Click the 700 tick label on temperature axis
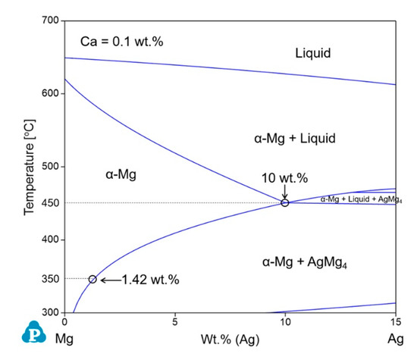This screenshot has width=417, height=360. pyautogui.click(x=50, y=21)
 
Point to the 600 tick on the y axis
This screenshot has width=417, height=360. pyautogui.click(x=50, y=94)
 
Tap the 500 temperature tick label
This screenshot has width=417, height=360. pyautogui.click(x=50, y=167)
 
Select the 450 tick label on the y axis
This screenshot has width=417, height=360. pyautogui.click(x=50, y=203)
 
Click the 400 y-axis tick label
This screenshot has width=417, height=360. pyautogui.click(x=50, y=239)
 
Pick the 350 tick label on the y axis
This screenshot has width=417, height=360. pyautogui.click(x=50, y=279)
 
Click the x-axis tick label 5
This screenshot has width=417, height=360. pyautogui.click(x=175, y=322)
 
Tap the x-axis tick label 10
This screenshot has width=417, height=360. pyautogui.click(x=285, y=322)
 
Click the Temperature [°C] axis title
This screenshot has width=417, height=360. pyautogui.click(x=30, y=167)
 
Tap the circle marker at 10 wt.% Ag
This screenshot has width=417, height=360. pyautogui.click(x=285, y=202)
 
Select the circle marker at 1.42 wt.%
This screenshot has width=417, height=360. pyautogui.click(x=92, y=279)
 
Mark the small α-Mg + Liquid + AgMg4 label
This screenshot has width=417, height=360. pyautogui.click(x=361, y=199)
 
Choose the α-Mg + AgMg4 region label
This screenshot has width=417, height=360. pyautogui.click(x=300, y=262)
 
